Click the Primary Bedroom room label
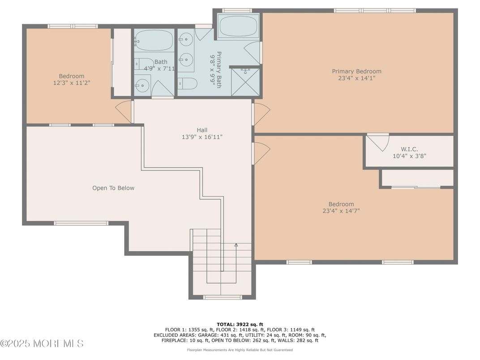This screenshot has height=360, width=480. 356,71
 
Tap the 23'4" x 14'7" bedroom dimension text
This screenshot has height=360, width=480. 341,211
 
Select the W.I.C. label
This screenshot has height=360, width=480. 409,149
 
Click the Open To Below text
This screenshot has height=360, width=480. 113,188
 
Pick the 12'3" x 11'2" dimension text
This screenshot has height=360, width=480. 72,83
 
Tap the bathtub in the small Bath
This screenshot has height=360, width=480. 154,42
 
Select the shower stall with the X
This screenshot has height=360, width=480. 245,81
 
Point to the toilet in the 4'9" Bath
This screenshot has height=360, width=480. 142,64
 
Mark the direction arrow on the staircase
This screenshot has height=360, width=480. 236,245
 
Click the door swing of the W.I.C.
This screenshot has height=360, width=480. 379,142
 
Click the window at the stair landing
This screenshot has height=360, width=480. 222,297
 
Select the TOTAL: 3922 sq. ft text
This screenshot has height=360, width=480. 240,324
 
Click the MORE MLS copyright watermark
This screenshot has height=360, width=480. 42,344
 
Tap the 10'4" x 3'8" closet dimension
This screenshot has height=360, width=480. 409,156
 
